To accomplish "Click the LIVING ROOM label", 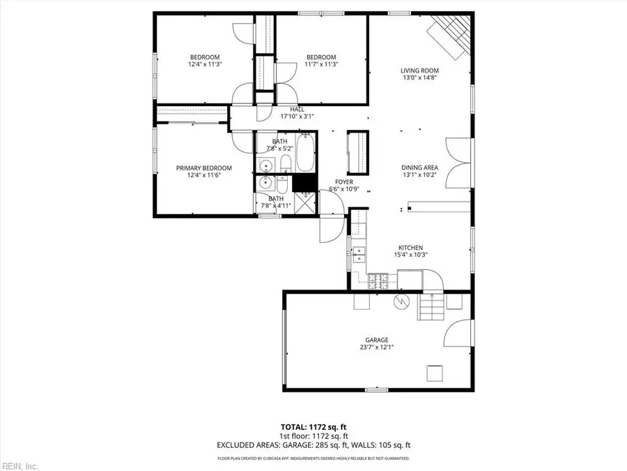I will click(419, 70).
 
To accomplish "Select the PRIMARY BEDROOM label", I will click(203, 168).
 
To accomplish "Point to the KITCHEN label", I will click(410, 248).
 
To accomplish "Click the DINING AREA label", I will click(419, 167).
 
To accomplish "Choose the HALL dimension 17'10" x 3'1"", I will click(297, 117).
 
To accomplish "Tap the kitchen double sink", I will click(359, 252).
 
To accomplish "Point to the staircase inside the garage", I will click(430, 306).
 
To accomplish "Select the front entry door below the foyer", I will click(331, 223).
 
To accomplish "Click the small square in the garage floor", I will click(435, 373).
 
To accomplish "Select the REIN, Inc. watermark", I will click(20, 465).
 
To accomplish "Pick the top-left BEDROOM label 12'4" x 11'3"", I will click(205, 61).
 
